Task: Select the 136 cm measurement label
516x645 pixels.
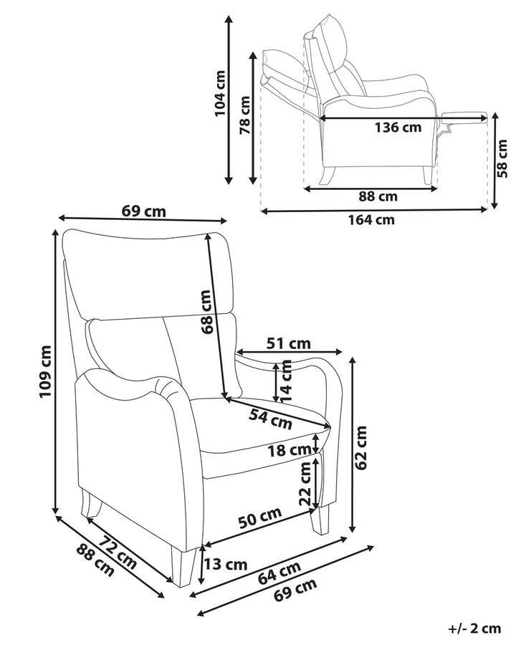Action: pos(398,128)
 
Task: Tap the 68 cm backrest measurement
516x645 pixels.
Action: pos(206,312)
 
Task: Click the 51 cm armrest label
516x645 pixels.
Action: pos(289,343)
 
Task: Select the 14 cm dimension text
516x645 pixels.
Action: pos(287,381)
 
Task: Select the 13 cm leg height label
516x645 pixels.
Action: pos(225,564)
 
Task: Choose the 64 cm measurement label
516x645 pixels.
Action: pos(279,571)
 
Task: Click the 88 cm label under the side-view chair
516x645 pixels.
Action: pos(376,196)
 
